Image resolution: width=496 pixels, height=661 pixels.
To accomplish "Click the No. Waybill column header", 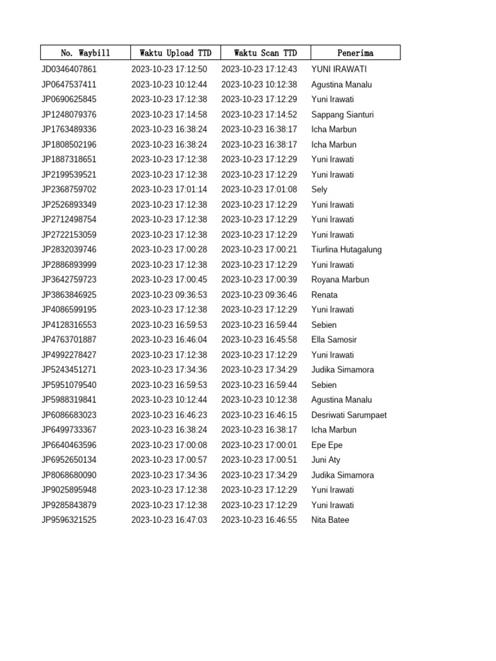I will click(x=85, y=53).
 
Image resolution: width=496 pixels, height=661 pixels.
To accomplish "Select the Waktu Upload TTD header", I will click(x=175, y=53).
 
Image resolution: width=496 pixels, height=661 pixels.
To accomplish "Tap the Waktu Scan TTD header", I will click(x=265, y=53).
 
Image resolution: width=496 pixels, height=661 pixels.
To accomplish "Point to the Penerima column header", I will click(x=355, y=53).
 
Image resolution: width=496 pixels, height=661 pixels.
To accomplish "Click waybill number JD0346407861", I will click(x=69, y=69).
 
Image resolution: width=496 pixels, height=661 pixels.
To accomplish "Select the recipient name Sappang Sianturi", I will click(x=342, y=114).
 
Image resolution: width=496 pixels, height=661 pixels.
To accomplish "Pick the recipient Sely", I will click(x=319, y=190).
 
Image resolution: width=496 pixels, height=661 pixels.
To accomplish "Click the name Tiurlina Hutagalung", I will click(x=346, y=250).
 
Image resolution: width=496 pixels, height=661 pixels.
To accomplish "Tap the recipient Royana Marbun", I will click(x=340, y=280).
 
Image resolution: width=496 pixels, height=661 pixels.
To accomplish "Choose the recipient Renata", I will click(x=324, y=295).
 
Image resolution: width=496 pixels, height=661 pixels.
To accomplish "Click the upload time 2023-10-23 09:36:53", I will click(x=169, y=295).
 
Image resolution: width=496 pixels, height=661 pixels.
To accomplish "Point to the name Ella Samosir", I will click(x=334, y=340).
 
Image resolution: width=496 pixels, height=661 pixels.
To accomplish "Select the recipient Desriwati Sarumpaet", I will click(x=349, y=415).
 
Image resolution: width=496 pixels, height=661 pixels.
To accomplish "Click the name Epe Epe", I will click(x=327, y=445).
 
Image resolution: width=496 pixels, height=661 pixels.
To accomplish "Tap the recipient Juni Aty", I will click(x=325, y=460).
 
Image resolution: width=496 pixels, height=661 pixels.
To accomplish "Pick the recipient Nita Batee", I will click(x=330, y=520).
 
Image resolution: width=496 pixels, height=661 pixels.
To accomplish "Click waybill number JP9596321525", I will click(x=69, y=520).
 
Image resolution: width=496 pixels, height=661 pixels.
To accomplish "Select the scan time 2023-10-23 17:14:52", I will click(x=259, y=114).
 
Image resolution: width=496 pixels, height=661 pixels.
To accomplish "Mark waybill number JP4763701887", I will click(x=69, y=340).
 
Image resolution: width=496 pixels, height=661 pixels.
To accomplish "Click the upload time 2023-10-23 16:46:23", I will click(x=169, y=415).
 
